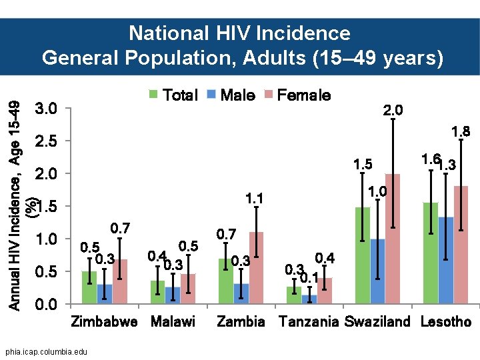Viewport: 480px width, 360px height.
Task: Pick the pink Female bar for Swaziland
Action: pos(393,239)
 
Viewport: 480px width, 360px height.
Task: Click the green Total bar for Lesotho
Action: pos(431,254)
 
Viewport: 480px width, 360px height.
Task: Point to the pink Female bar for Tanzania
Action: pos(325,291)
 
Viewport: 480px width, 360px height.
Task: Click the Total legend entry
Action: pos(173,95)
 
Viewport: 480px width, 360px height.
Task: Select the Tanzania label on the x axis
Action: pos(309,322)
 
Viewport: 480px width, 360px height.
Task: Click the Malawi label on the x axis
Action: pos(173,322)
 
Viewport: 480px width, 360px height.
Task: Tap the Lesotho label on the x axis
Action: pos(446,322)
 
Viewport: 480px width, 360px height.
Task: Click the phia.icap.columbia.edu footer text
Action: pos(44,351)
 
